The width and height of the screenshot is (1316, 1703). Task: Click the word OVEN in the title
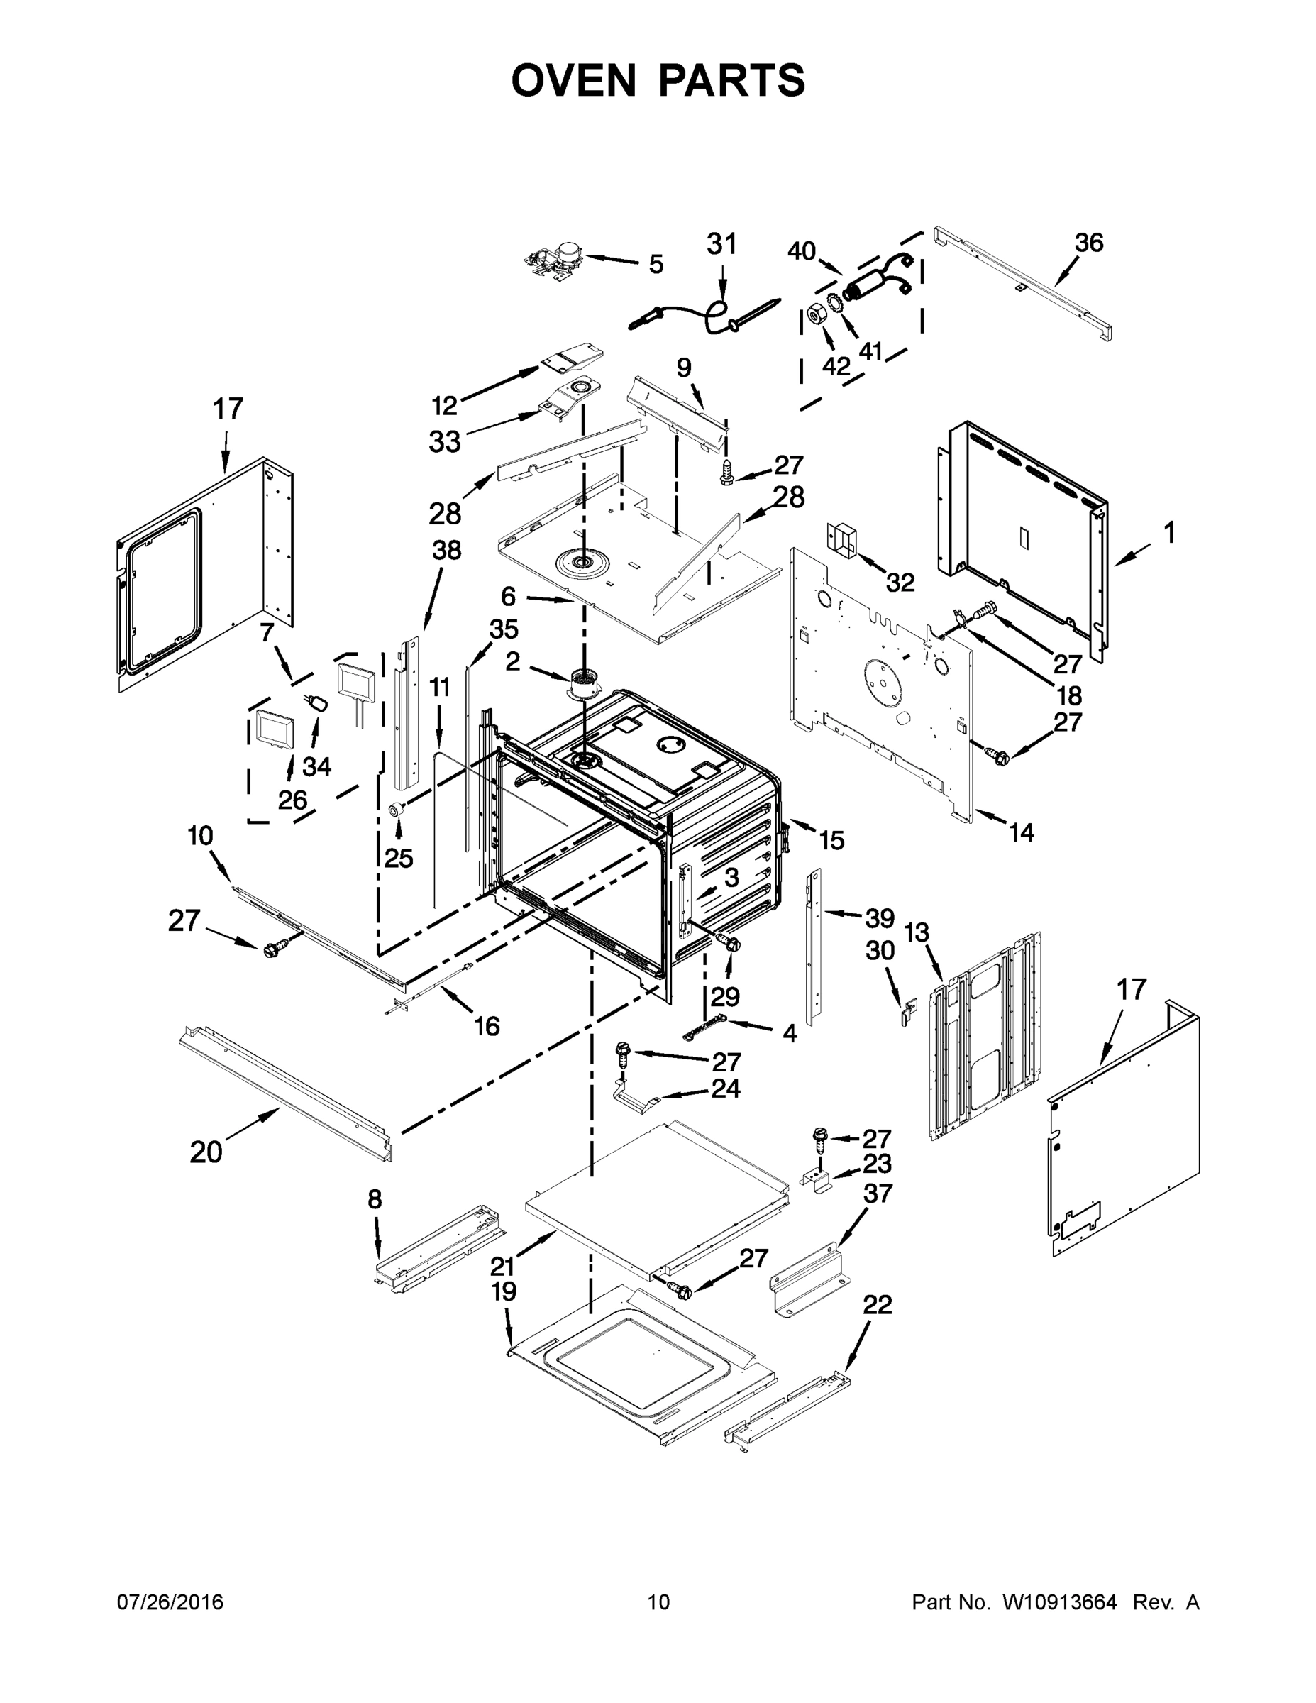573,80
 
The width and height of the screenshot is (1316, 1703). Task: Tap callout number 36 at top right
1088,243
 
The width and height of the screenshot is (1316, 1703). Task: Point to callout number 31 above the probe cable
721,244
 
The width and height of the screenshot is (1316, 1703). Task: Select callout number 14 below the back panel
1022,832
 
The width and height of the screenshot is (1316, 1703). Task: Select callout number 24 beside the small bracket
725,1088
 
